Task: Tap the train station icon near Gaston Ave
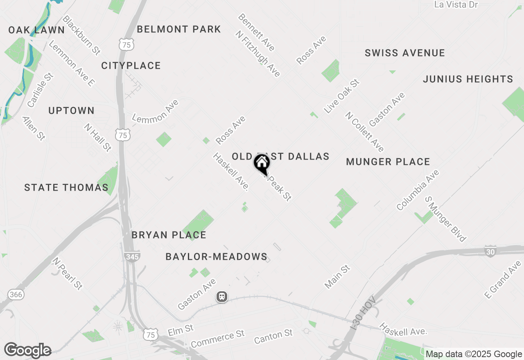222,297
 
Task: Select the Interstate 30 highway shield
490,251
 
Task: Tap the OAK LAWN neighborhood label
36,30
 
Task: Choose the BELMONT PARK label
179,29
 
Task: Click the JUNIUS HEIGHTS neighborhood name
468,79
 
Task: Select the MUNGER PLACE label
388,162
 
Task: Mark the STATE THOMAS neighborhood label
66,188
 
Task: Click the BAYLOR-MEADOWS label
216,257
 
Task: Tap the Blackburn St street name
82,35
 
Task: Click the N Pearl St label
68,274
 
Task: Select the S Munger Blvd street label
445,219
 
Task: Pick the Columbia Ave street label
418,190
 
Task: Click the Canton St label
273,337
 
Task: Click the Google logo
27,350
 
